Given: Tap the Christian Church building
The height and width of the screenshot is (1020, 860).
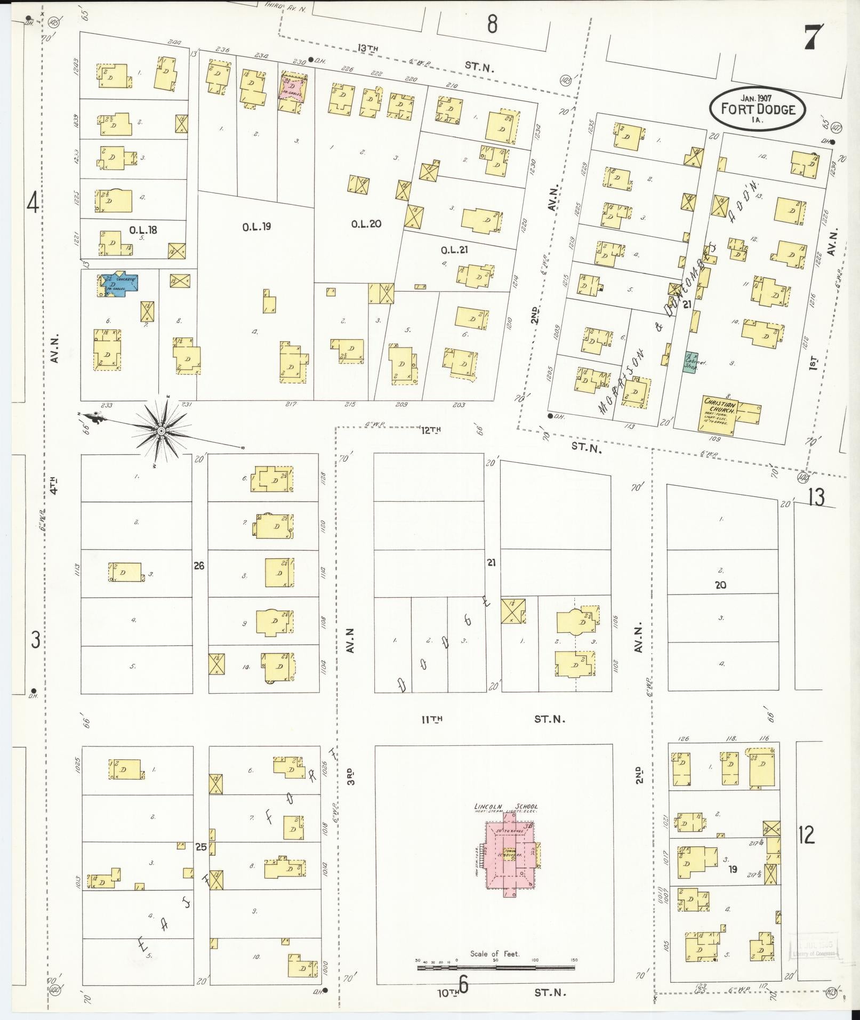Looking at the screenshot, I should [720, 413].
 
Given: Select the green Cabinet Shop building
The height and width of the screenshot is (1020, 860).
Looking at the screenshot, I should [692, 363].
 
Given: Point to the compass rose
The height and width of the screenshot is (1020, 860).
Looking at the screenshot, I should [161, 430].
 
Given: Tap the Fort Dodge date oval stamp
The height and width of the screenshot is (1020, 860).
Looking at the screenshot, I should [757, 108].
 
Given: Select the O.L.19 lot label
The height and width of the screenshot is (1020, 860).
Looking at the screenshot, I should [256, 227].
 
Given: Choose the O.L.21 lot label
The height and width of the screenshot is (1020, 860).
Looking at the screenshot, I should [454, 250].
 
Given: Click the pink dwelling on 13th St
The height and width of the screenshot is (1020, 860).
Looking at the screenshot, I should [292, 87].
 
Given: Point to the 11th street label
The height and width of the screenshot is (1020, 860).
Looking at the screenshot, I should [432, 719].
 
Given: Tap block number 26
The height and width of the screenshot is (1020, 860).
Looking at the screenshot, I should [199, 566].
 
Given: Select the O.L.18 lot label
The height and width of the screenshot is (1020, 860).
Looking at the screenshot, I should [142, 230].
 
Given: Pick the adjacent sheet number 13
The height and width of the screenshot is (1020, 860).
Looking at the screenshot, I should [816, 497].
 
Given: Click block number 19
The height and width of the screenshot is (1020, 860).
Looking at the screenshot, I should [733, 869].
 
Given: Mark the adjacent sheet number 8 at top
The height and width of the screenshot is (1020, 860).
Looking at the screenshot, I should [492, 23].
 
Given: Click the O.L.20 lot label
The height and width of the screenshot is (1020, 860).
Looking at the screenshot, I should [366, 224].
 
